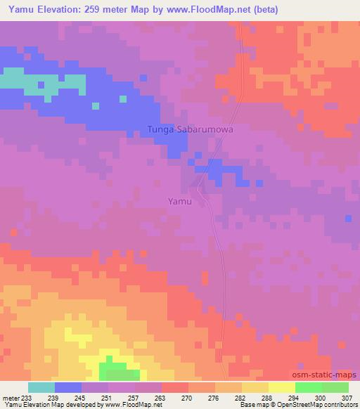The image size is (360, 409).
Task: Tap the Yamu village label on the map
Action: (179, 200)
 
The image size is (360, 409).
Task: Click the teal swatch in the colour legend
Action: (41, 387)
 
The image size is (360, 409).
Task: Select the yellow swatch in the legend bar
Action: (281, 387)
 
